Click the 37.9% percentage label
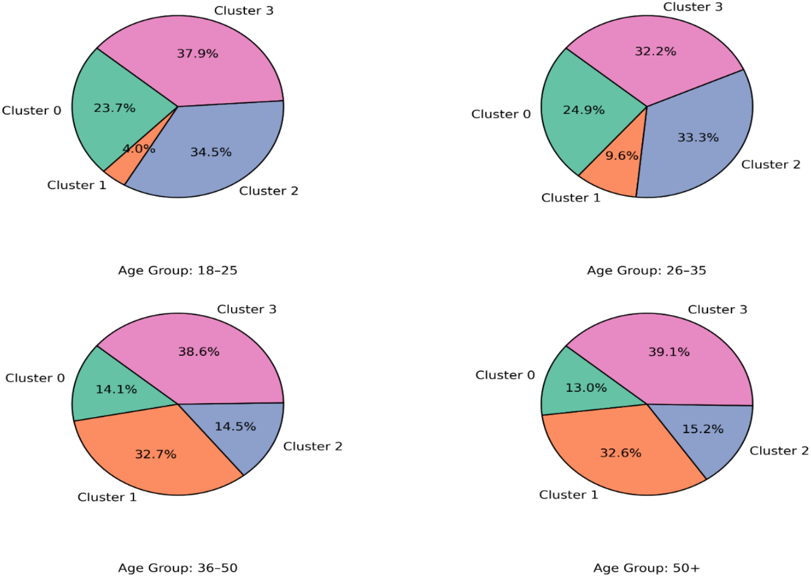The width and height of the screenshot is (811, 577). (x=197, y=54)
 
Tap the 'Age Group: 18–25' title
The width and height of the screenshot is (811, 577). (x=177, y=270)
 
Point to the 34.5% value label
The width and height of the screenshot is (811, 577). (x=211, y=152)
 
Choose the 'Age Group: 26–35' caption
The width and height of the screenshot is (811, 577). (x=646, y=270)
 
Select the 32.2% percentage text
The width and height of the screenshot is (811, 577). (x=655, y=52)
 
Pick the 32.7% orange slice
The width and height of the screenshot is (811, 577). (x=155, y=455)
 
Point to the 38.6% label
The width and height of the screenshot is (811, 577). (x=198, y=352)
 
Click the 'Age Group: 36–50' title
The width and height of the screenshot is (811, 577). (x=177, y=568)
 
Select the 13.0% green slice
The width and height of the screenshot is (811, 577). (x=586, y=388)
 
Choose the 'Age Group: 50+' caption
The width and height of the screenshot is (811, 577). (x=646, y=568)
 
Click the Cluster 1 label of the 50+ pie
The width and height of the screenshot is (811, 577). (x=568, y=495)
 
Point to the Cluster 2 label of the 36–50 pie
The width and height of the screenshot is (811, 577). (x=312, y=446)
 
